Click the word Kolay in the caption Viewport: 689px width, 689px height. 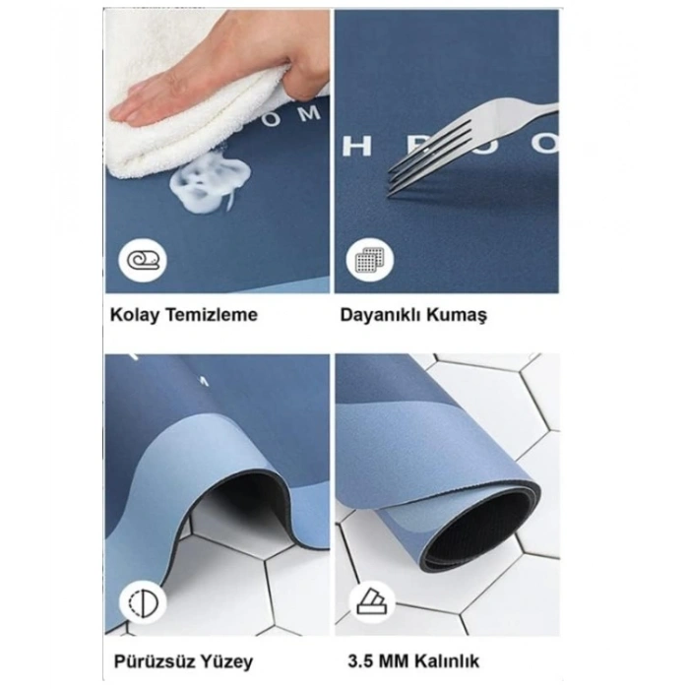132,316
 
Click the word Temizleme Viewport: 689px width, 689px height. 209,316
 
